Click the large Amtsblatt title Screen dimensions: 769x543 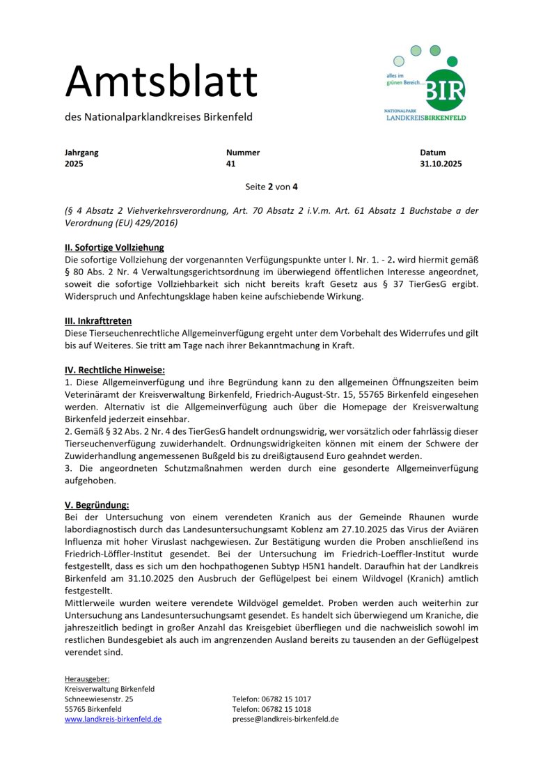coord(162,81)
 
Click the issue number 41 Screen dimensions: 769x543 coord(231,164)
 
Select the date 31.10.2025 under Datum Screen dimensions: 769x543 coord(441,164)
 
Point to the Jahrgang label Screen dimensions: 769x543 coord(81,153)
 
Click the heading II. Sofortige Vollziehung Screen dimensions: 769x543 coord(114,247)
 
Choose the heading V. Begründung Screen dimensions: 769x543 coord(97,506)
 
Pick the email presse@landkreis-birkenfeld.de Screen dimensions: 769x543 coord(285,719)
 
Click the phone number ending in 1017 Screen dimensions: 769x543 coord(271,699)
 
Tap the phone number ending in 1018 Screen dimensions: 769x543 coord(271,709)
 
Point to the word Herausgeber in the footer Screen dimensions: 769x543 coord(87,679)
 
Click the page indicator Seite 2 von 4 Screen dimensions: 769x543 coord(271,187)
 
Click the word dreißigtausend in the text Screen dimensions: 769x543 coord(315,456)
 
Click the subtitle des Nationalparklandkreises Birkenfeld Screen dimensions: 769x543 coord(159,117)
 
